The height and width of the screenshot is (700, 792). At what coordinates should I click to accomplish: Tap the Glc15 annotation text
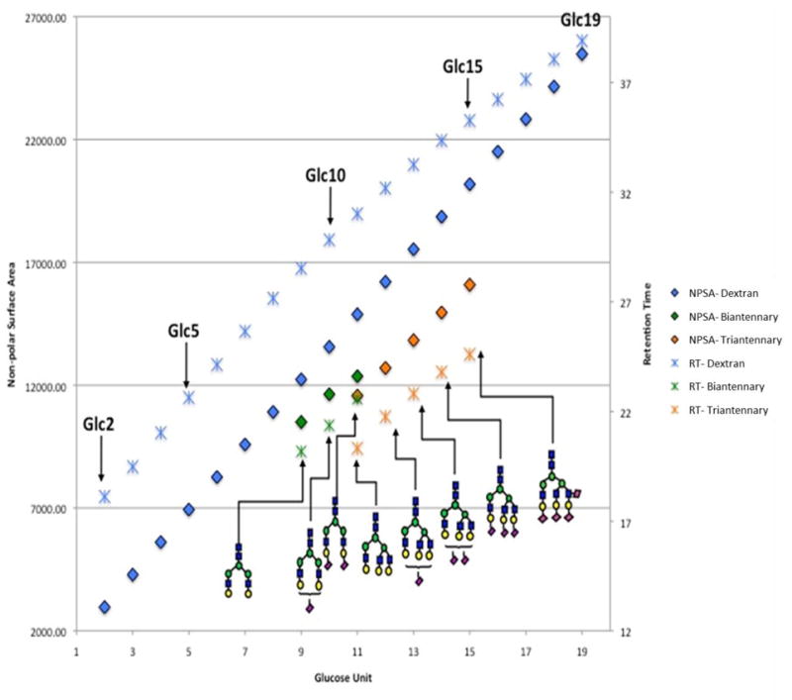click(462, 67)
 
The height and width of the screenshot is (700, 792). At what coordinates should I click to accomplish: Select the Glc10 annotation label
click(325, 175)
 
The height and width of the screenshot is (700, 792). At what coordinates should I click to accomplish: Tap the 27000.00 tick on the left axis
click(37, 18)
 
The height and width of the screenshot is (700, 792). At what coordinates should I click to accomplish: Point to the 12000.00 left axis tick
click(37, 386)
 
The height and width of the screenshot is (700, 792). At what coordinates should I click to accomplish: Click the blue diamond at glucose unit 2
click(105, 607)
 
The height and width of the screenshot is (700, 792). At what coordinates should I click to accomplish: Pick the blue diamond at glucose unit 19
click(582, 54)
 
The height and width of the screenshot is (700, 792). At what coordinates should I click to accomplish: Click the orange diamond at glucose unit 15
click(469, 285)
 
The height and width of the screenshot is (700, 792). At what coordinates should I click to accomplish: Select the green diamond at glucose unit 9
click(301, 422)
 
